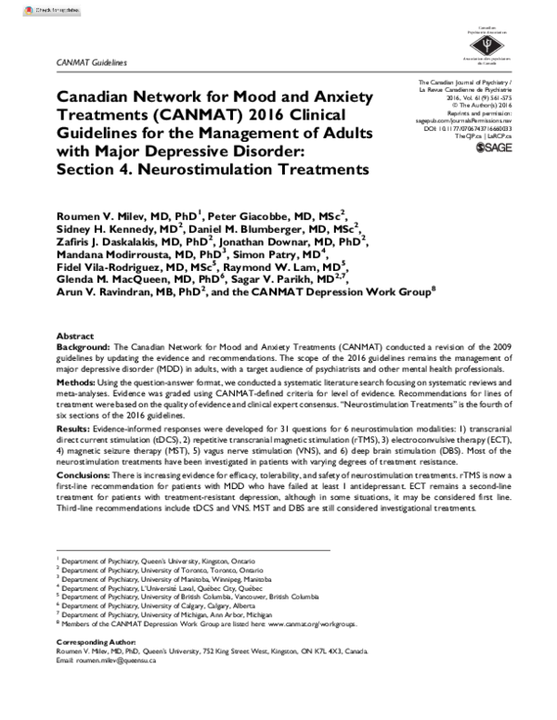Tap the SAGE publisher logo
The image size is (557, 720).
498,148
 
